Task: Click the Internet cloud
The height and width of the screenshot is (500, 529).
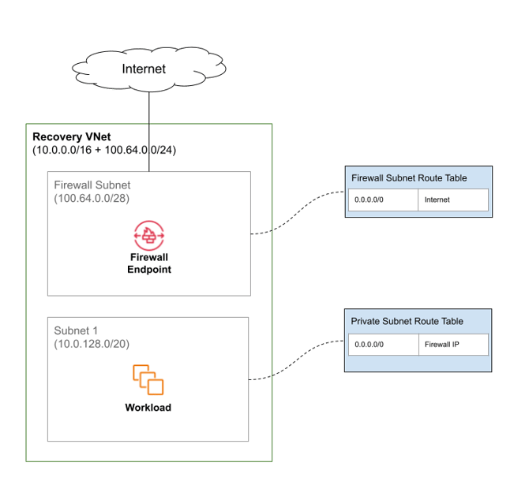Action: pyautogui.click(x=144, y=69)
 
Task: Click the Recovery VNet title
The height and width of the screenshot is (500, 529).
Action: pyautogui.click(x=72, y=137)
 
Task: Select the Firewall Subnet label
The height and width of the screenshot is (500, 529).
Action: pyautogui.click(x=92, y=185)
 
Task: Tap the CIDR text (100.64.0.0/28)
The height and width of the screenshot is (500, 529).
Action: pyautogui.click(x=92, y=198)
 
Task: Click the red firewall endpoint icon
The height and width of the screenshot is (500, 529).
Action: pyautogui.click(x=148, y=235)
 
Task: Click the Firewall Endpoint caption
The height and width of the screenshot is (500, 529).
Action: pyautogui.click(x=149, y=263)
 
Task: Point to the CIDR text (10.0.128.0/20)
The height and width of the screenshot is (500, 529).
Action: pyautogui.click(x=92, y=344)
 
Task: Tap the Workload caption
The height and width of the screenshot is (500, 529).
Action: pyautogui.click(x=148, y=408)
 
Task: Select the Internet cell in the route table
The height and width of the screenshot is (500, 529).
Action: pyautogui.click(x=452, y=200)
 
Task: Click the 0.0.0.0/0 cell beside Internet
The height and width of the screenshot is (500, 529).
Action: pyautogui.click(x=383, y=200)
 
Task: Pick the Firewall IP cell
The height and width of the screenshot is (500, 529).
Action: pyautogui.click(x=452, y=345)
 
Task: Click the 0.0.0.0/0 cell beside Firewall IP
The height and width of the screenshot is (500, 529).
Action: pyautogui.click(x=383, y=345)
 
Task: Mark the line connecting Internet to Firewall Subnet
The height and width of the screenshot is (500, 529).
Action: pyautogui.click(x=149, y=130)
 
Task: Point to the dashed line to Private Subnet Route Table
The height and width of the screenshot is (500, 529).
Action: pyautogui.click(x=300, y=360)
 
